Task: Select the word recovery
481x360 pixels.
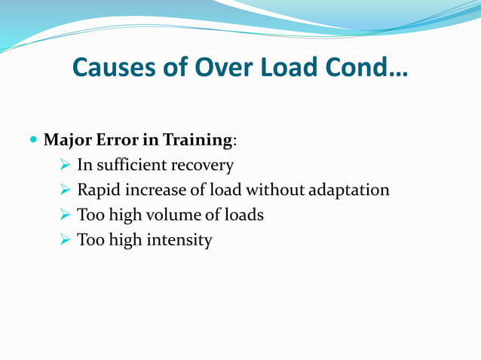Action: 204,165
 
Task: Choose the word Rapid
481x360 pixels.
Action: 99,190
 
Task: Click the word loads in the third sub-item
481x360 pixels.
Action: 245,215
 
